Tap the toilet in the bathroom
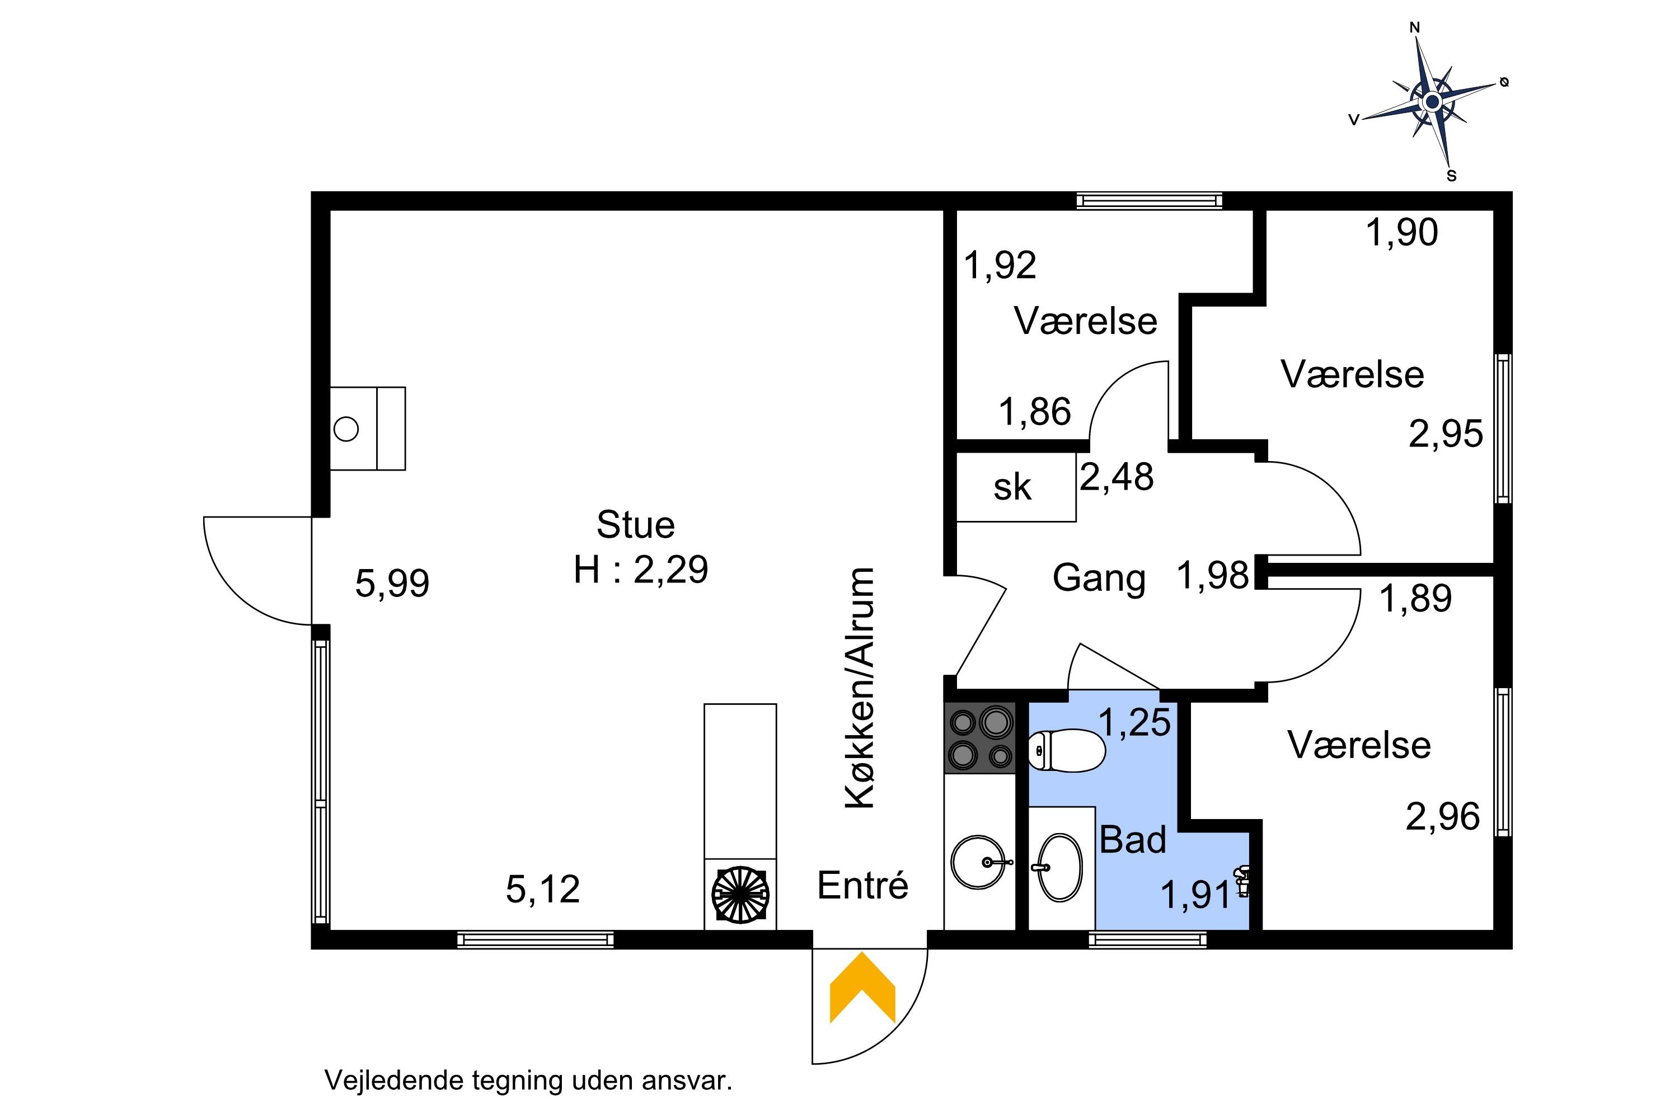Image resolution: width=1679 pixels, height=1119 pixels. [x=1067, y=751]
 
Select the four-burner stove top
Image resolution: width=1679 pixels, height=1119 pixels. [x=980, y=738]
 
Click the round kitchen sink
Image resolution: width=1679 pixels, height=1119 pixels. [x=979, y=862]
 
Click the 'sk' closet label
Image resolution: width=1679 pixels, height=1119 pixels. [x=1012, y=487]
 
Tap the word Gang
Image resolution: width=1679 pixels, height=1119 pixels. [x=1099, y=579]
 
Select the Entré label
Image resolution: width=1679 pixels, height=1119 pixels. [x=862, y=886]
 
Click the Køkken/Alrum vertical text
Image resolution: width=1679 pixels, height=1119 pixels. [x=860, y=688]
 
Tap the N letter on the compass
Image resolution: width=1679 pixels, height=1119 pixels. [x=1414, y=28]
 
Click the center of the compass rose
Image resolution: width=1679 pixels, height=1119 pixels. [x=1431, y=102]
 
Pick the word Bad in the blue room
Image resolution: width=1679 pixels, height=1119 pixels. [x=1133, y=839]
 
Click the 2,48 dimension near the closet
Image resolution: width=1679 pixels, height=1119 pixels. [x=1117, y=477]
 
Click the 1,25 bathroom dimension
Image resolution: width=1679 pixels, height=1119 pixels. [x=1134, y=722]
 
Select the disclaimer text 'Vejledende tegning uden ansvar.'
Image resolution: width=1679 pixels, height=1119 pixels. [x=528, y=1080]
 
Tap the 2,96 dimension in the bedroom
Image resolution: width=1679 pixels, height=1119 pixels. [x=1443, y=816]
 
